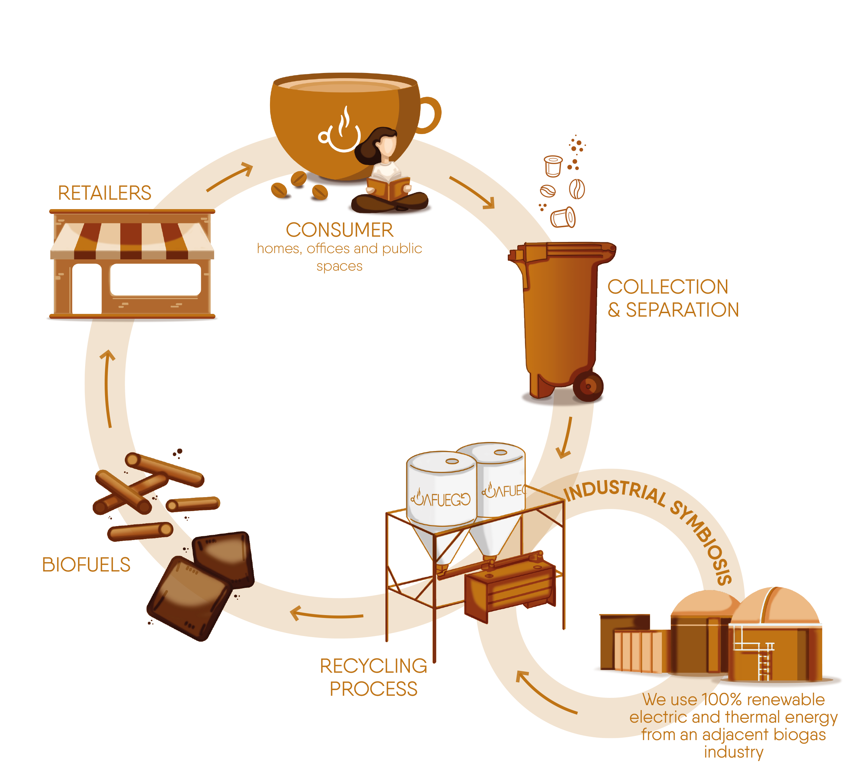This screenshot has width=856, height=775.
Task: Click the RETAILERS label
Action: pyautogui.click(x=104, y=193)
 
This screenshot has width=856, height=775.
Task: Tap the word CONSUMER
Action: pyautogui.click(x=339, y=230)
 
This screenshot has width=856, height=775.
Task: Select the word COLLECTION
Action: pyautogui.click(x=668, y=287)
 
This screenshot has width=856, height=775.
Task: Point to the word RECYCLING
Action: pyautogui.click(x=373, y=666)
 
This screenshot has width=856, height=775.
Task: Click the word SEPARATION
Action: pyautogui.click(x=682, y=310)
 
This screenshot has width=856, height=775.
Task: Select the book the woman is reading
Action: pyautogui.click(x=389, y=188)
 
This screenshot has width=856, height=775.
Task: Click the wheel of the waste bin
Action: pyautogui.click(x=588, y=386)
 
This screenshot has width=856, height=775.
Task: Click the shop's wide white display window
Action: pyautogui.click(x=156, y=280)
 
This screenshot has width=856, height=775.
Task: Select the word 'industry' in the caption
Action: pyautogui.click(x=733, y=752)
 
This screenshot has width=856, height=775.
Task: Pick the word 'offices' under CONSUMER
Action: pyautogui.click(x=328, y=249)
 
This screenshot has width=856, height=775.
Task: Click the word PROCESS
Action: pyautogui.click(x=373, y=689)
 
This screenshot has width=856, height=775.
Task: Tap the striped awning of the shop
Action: pyautogui.click(x=132, y=240)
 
